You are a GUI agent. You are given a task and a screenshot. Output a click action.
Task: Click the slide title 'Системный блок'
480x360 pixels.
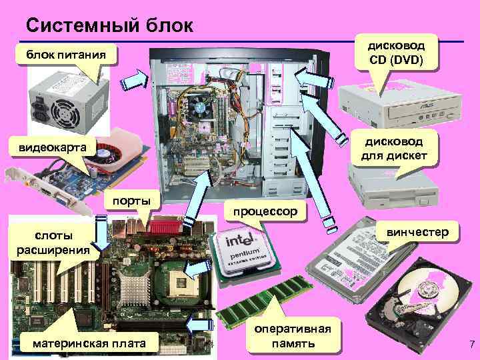109,25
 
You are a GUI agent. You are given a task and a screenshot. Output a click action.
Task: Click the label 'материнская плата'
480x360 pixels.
87,343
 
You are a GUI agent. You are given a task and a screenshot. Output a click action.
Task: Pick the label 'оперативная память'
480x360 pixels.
293,337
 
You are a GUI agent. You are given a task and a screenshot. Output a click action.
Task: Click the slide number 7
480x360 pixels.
471,344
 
